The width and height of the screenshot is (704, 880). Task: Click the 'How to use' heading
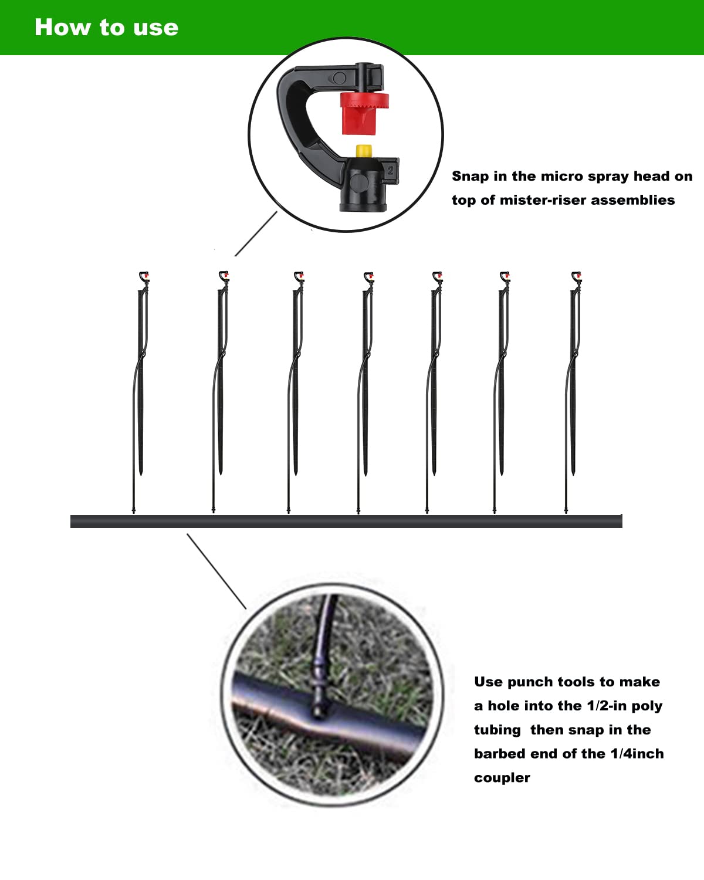[106, 28]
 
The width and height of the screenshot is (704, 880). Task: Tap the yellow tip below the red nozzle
[364, 151]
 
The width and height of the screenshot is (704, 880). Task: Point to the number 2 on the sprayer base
[391, 171]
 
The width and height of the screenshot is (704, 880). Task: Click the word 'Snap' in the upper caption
[470, 176]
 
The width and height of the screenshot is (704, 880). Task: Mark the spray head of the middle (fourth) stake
[368, 276]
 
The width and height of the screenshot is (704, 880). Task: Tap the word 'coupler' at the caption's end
[502, 778]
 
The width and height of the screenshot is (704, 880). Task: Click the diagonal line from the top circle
[256, 233]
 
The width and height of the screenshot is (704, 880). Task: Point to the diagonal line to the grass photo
[216, 571]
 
